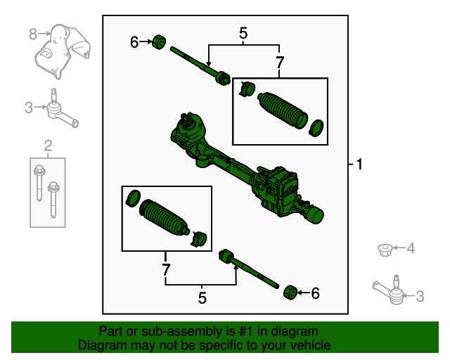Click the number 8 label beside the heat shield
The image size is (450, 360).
click(32, 34)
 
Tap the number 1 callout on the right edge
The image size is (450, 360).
click(359, 165)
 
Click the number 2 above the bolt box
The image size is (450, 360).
click(48, 146)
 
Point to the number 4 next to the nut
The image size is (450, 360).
click(411, 247)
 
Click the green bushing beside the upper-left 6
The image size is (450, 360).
click(160, 42)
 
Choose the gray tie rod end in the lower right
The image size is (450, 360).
click(389, 290)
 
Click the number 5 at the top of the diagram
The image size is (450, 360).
click(243, 33)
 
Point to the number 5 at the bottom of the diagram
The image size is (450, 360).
click(202, 298)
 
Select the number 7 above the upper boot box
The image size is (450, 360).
click(280, 63)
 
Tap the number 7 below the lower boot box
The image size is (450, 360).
click(166, 269)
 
